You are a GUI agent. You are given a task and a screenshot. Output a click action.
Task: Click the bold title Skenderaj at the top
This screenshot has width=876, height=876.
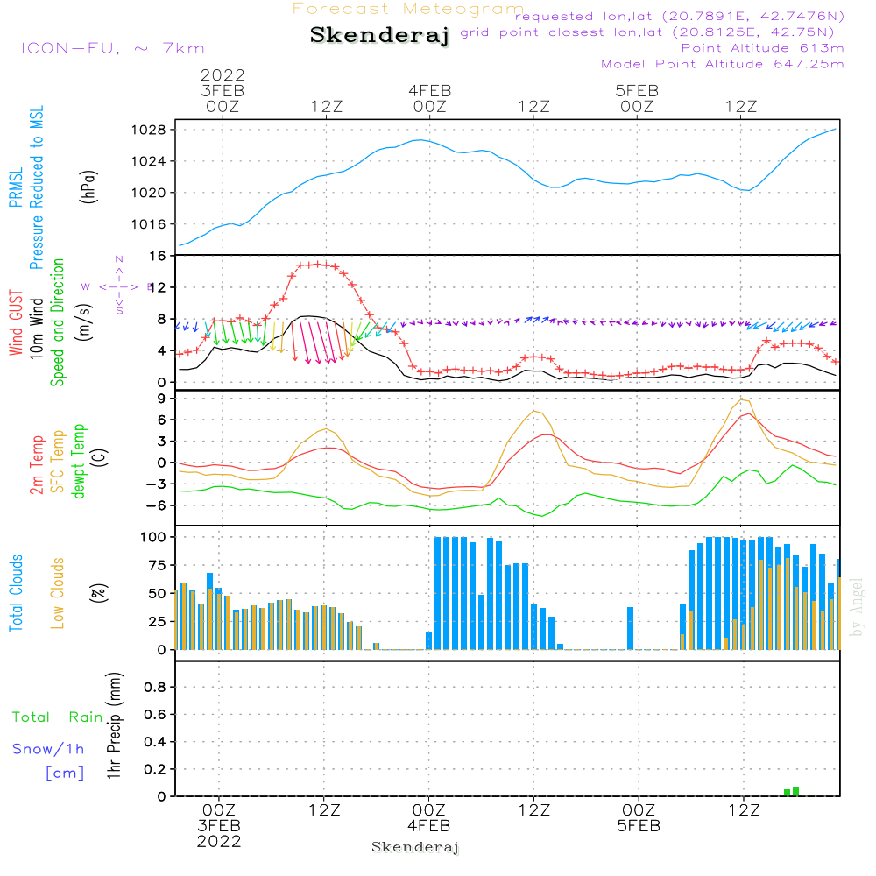tap(380, 36)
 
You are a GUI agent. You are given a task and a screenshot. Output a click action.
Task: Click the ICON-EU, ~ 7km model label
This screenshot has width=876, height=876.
tap(112, 48)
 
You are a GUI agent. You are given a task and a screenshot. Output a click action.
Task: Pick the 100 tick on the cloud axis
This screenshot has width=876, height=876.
tap(154, 536)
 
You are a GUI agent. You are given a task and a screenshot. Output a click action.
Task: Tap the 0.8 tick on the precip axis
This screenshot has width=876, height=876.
tap(155, 688)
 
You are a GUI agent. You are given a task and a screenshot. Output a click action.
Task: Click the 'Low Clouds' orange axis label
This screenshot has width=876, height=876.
tap(58, 593)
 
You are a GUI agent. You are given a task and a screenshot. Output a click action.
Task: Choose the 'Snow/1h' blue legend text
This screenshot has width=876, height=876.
tap(49, 749)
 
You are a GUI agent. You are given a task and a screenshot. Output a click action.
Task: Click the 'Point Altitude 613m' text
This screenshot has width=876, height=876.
tap(762, 48)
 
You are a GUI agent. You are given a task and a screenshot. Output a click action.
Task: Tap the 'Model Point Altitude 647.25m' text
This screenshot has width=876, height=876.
tap(723, 64)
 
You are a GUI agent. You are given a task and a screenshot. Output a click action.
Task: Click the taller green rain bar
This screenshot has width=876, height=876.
tap(795, 791)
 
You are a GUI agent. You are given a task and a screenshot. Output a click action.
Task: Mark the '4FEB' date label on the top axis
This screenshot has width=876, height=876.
tap(429, 90)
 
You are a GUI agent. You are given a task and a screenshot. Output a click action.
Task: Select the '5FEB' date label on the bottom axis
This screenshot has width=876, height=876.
tap(638, 825)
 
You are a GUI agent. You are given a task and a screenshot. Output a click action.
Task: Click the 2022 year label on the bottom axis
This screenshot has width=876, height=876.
tap(219, 841)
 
